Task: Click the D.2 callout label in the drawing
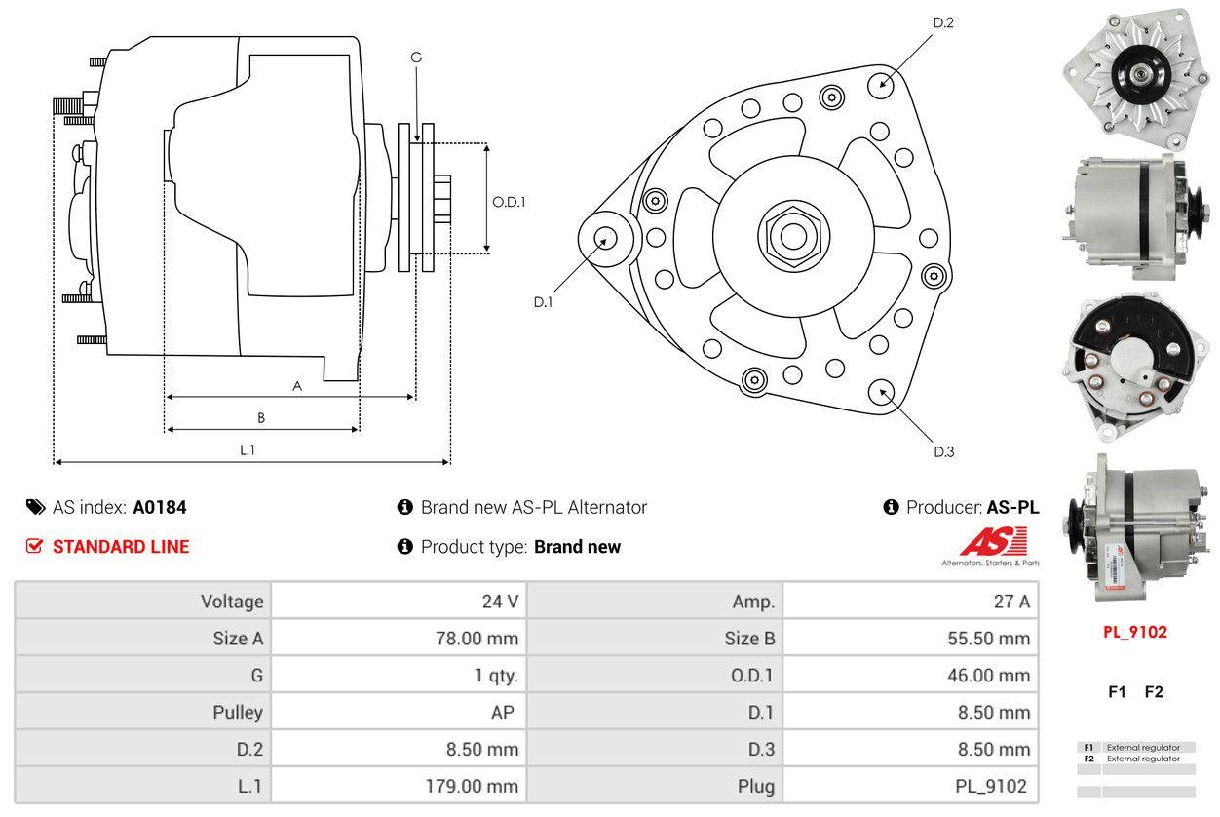click(942, 22)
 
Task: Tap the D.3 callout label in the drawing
click(943, 451)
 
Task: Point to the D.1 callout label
click(543, 302)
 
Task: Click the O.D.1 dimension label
click(509, 202)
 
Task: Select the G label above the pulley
click(416, 58)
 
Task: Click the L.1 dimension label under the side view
click(248, 449)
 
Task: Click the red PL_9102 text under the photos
click(1134, 632)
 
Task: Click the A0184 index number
click(160, 507)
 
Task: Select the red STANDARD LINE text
click(121, 547)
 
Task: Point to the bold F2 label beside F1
click(1154, 692)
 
